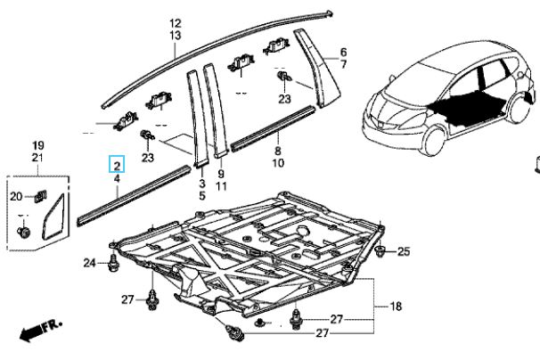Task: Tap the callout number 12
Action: click(x=175, y=23)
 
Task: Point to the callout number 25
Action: click(x=404, y=252)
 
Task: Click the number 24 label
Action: click(x=89, y=262)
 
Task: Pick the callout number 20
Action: click(x=16, y=197)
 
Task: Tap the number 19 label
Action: click(x=38, y=144)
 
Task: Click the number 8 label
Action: click(x=277, y=152)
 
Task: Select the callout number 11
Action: click(x=221, y=185)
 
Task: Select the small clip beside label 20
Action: click(x=40, y=197)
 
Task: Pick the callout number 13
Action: click(x=175, y=36)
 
